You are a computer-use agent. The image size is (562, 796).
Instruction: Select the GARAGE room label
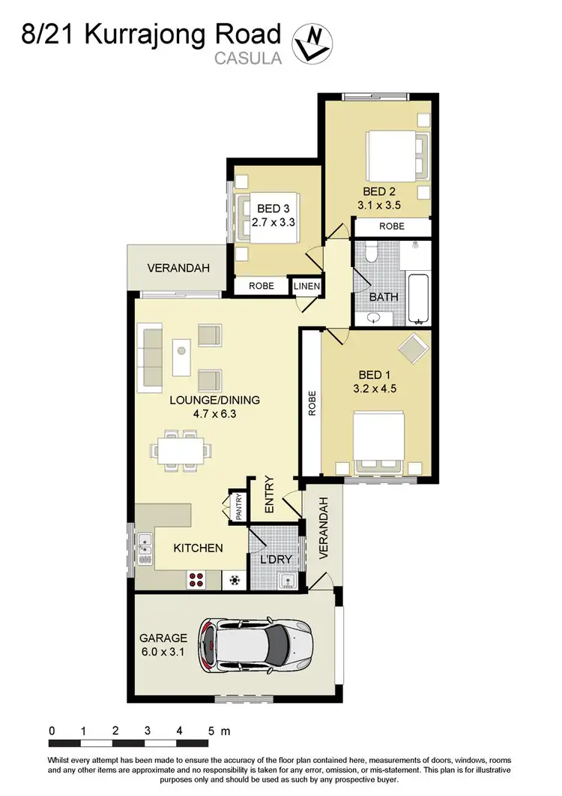(163, 638)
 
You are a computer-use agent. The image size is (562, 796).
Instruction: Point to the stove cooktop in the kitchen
(196, 579)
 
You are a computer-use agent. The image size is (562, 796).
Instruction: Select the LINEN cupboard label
(306, 286)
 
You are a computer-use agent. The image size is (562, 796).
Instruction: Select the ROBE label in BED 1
(311, 404)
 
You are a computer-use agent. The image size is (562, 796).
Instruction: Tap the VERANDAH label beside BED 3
(176, 268)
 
